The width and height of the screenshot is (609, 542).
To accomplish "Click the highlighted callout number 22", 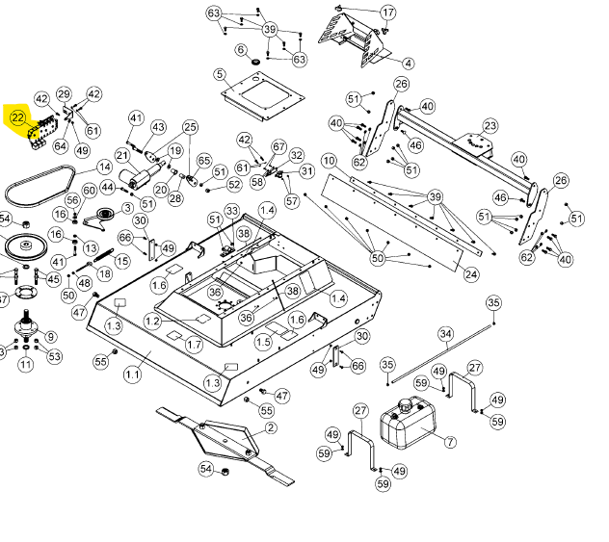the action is click(18, 117).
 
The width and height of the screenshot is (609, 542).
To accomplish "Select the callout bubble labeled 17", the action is click(388, 13).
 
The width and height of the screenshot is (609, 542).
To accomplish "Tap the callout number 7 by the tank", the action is click(450, 442).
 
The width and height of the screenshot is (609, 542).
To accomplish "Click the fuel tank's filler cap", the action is click(406, 406).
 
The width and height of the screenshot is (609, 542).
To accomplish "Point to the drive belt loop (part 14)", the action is click(40, 186).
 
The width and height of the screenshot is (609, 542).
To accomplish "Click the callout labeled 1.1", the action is click(132, 374).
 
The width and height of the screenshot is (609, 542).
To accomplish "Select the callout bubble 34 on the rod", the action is click(445, 334).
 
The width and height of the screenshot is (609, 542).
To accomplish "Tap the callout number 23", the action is click(490, 126).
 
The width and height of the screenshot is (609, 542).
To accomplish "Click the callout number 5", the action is click(220, 74).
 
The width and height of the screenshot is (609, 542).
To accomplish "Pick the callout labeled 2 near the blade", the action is click(271, 427).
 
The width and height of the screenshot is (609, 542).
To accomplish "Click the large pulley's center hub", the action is click(26, 245).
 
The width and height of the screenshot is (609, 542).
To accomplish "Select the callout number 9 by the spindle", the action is click(50, 337).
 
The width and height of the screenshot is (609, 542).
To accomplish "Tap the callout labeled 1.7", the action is click(195, 345).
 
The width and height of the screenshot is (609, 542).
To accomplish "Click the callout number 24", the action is click(471, 274).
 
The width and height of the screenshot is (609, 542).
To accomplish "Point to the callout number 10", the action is click(329, 161).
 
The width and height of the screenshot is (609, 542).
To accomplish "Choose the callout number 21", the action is click(122, 156).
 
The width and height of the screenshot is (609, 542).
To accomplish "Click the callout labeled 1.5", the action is click(263, 342).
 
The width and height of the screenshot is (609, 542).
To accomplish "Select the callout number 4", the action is click(409, 64).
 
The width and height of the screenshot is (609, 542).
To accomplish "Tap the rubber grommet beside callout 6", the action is click(255, 62).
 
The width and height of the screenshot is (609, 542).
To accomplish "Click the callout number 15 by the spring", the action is click(122, 261).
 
